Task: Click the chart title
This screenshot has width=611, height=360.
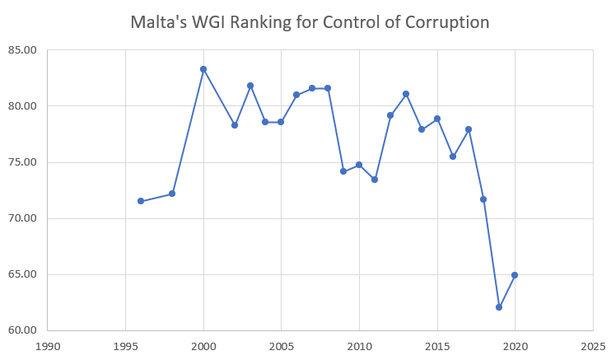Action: click(310, 22)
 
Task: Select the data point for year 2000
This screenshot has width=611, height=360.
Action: click(203, 69)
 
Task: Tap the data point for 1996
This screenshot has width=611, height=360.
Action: click(141, 201)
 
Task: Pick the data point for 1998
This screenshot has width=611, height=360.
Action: click(172, 194)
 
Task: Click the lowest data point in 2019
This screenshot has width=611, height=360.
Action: click(499, 307)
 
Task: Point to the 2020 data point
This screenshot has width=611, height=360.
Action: click(515, 275)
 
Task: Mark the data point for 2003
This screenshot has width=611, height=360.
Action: click(250, 86)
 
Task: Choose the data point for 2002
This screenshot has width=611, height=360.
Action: click(235, 125)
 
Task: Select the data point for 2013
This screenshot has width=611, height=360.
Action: click(406, 94)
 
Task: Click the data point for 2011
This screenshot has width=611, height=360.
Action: click(375, 180)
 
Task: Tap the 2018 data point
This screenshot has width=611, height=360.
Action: click(483, 199)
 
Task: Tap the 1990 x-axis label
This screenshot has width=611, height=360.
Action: click(48, 346)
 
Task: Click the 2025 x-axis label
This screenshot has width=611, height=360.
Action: click(593, 346)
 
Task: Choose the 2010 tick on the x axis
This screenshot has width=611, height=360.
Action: click(359, 346)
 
